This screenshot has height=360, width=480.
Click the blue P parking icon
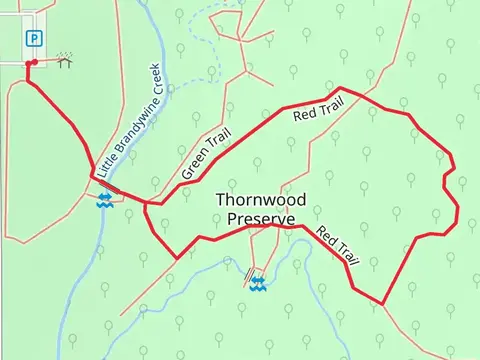click(x=34, y=39)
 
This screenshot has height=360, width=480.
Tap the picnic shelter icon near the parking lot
click(x=65, y=61)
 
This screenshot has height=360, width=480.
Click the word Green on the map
click(x=192, y=169)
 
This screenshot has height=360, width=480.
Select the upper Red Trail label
click(x=318, y=109)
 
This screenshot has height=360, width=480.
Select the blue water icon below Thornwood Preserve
click(x=258, y=285)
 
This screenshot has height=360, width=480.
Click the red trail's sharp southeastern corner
click(x=383, y=304)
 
